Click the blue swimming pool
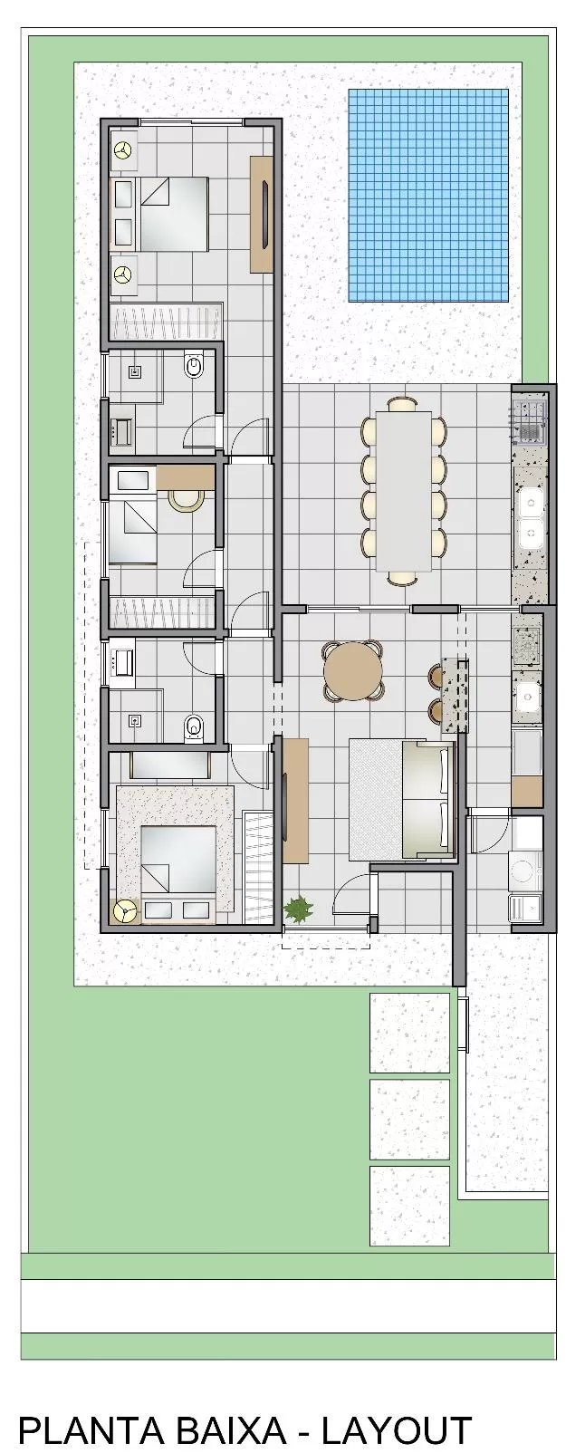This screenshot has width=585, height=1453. [428, 195]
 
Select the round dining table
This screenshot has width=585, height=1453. [353, 671]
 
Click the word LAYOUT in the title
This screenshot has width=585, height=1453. [397, 1430]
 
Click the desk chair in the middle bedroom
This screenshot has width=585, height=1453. [187, 498]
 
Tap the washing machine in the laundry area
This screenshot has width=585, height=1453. [524, 870]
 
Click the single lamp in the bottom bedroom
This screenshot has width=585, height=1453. [124, 910]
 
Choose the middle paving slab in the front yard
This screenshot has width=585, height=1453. [409, 1119]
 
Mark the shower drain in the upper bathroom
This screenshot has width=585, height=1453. [135, 370]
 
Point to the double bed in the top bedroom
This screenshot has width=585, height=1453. [160, 213]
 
